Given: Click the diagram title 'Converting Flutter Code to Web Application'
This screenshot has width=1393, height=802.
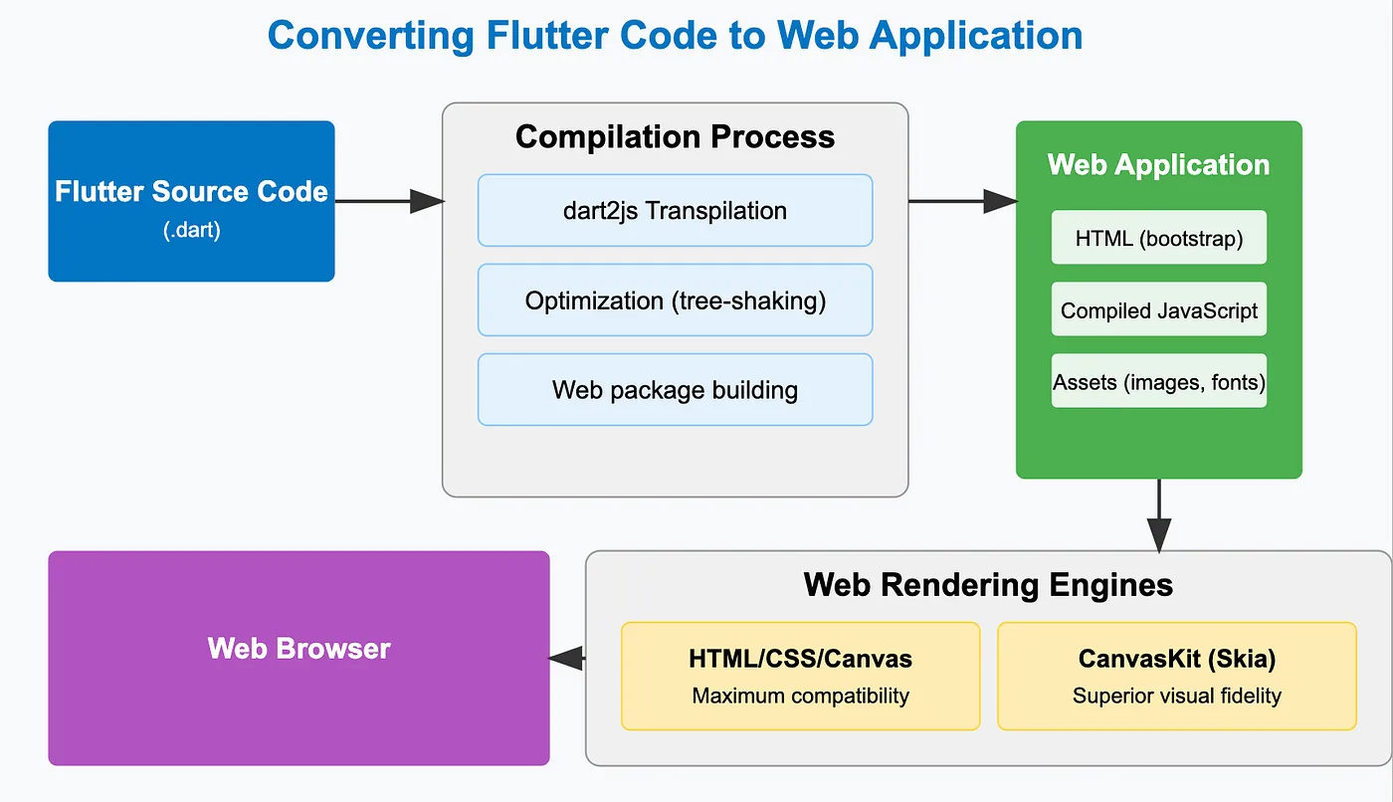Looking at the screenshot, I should click(675, 37).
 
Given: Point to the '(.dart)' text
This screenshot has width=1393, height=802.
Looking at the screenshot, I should click(191, 230).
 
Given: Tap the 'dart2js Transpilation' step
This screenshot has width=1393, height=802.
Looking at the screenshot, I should click(675, 211).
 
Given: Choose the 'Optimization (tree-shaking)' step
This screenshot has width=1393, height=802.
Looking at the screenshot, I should click(675, 301).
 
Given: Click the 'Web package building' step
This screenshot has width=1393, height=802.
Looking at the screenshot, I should click(675, 390).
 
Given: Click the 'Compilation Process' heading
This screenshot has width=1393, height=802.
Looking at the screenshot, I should click(675, 136).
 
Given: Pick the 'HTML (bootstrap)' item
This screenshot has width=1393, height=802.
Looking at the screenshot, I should click(1158, 238).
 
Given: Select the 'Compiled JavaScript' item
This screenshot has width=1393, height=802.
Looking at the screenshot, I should click(1158, 309).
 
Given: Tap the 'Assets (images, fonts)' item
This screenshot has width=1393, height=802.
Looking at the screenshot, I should click(1158, 381).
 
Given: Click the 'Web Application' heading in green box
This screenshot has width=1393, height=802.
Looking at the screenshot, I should click(1158, 164).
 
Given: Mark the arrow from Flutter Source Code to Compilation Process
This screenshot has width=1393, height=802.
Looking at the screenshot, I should click(388, 201).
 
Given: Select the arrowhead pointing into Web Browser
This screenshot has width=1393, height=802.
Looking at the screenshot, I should click(566, 658).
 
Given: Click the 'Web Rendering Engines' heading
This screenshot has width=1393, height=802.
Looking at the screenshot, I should click(988, 584).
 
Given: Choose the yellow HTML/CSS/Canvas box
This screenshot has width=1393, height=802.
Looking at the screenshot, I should click(800, 677).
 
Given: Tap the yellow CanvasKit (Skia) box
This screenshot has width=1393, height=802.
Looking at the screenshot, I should click(1176, 677).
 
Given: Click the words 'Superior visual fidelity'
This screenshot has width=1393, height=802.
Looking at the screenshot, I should click(1176, 696).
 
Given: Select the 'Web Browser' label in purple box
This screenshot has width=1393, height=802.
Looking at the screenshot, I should click(298, 649).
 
